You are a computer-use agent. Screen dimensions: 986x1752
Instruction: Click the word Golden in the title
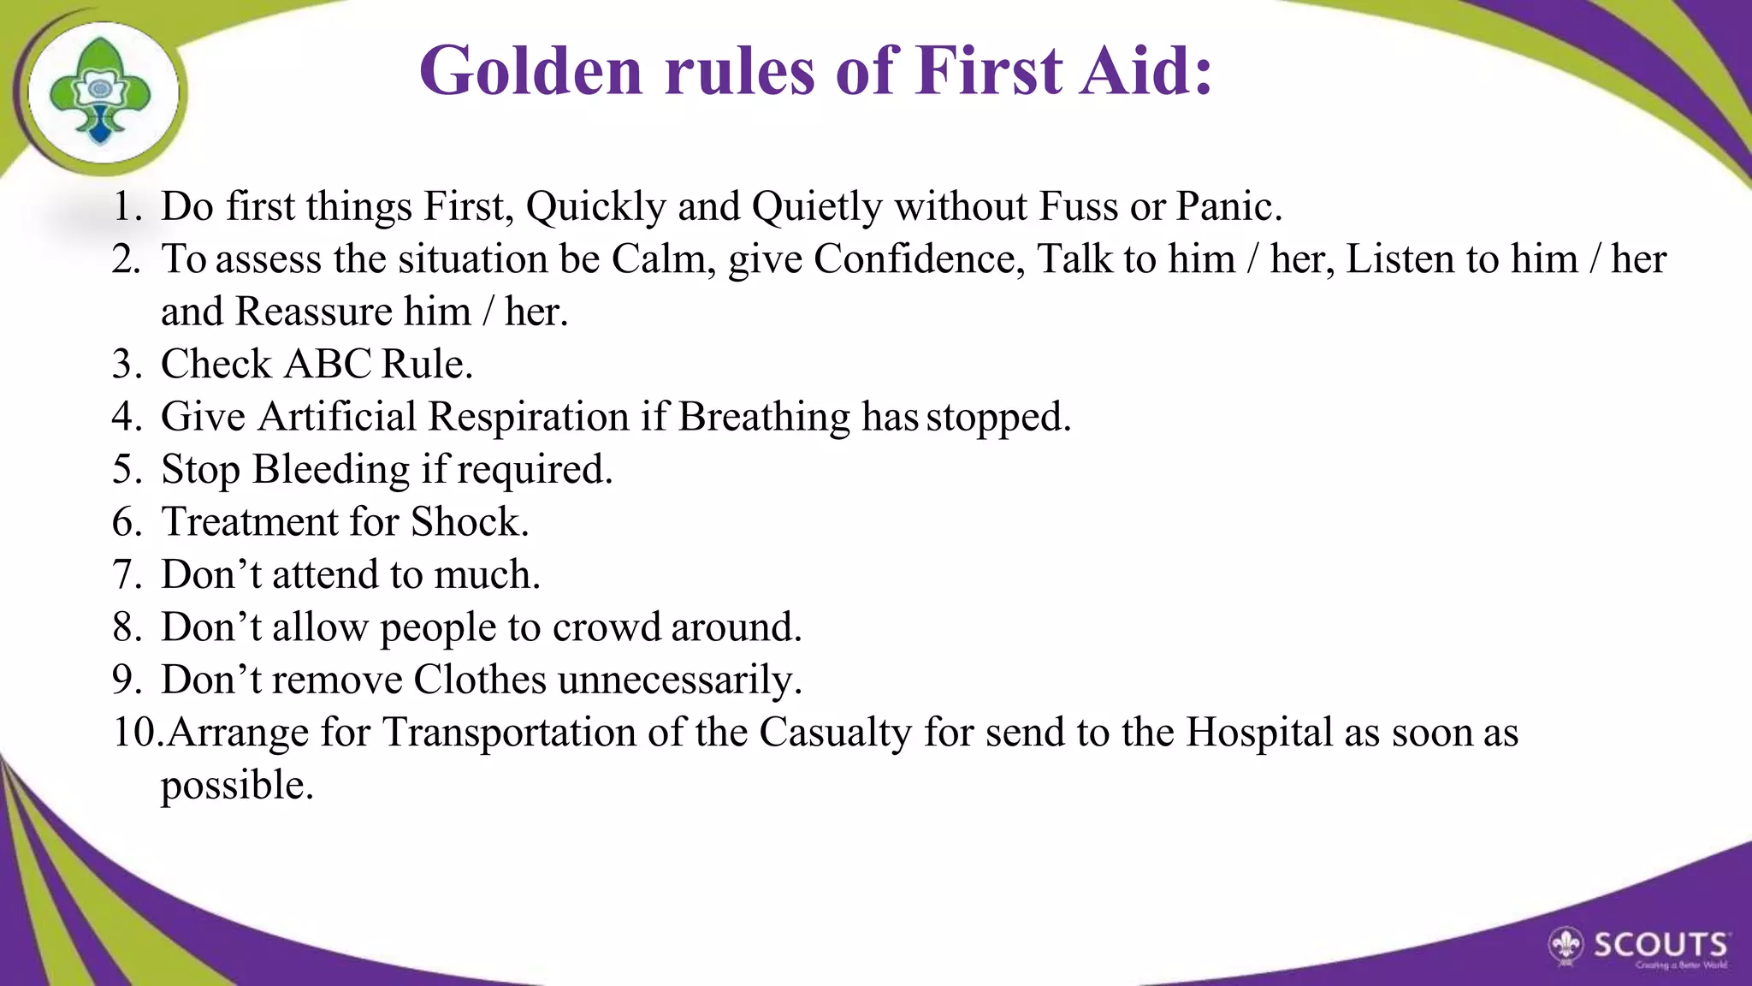pyautogui.click(x=530, y=70)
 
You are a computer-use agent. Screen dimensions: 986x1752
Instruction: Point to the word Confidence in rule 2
pyautogui.click(x=918, y=258)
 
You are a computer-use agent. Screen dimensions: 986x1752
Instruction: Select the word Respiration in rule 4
pyautogui.click(x=529, y=417)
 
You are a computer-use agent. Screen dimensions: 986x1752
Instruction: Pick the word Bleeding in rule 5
pyautogui.click(x=331, y=470)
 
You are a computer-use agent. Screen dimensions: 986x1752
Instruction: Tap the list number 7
pyautogui.click(x=127, y=574)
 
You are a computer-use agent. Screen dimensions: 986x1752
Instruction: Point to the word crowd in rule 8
pyautogui.click(x=607, y=627)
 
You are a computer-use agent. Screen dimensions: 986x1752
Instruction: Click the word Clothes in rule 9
pyautogui.click(x=480, y=680)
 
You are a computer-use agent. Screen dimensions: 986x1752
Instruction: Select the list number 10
pyautogui.click(x=135, y=733)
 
